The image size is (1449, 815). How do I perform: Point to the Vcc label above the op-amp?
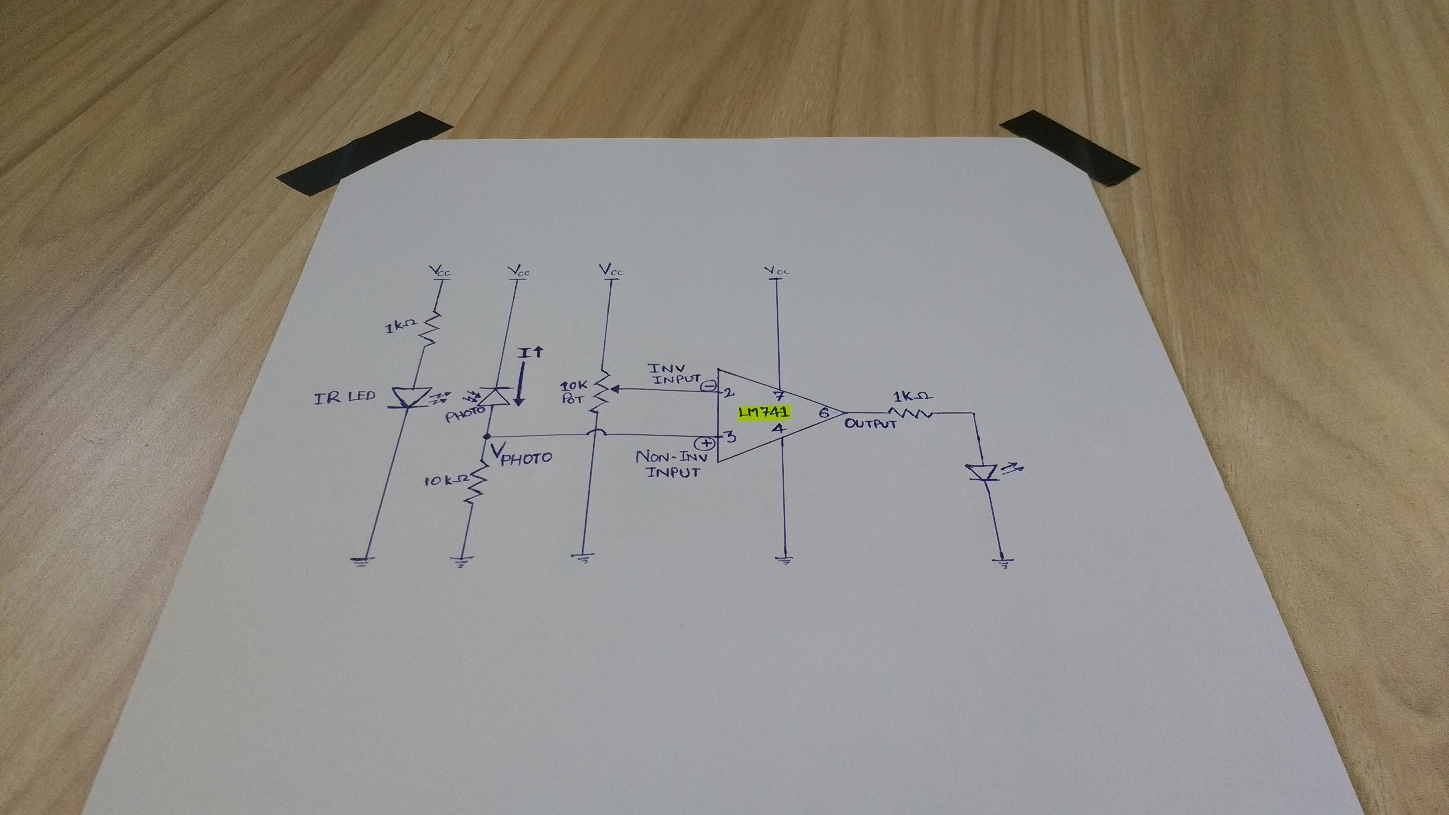(777, 271)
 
